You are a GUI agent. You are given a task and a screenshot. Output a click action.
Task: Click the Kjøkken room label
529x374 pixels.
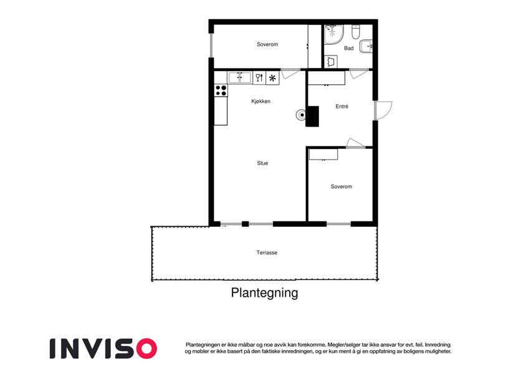[260, 102]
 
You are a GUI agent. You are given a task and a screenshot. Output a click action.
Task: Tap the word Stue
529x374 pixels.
[262, 163]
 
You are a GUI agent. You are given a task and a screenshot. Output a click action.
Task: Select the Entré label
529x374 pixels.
[341, 107]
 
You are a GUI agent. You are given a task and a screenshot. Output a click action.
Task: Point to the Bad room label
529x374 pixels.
[348, 48]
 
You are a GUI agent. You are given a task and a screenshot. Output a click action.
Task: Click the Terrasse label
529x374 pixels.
[266, 252]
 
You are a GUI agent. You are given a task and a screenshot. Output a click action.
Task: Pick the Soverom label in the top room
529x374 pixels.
[267, 45]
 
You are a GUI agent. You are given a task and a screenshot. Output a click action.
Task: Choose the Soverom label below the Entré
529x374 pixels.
[341, 186]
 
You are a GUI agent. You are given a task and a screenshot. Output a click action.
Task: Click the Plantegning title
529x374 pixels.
[264, 292]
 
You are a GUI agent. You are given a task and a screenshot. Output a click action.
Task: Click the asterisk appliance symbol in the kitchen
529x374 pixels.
[272, 78]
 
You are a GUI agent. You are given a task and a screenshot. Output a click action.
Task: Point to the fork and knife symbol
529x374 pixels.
[259, 78]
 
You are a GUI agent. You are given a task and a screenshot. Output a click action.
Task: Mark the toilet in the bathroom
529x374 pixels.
[356, 31]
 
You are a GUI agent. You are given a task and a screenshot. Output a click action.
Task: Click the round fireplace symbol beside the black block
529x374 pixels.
[302, 115]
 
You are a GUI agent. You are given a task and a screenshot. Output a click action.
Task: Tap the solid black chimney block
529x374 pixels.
[312, 117]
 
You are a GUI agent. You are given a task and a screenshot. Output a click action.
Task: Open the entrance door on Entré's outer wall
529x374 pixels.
[382, 110]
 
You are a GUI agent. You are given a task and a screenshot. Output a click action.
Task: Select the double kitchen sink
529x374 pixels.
[239, 78]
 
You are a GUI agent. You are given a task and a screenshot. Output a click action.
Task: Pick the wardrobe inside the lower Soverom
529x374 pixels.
[323, 154]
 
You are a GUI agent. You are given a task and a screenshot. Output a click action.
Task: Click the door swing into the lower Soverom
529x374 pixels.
[355, 143]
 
